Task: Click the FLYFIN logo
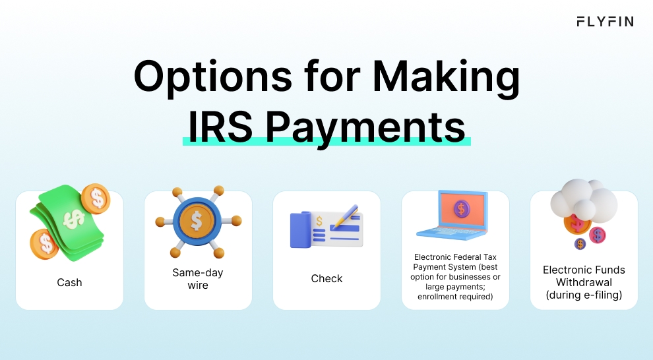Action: pyautogui.click(x=604, y=22)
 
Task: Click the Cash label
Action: pyautogui.click(x=69, y=282)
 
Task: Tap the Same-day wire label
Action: pyautogui.click(x=198, y=278)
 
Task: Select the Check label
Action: pyautogui.click(x=326, y=278)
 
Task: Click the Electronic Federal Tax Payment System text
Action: pyautogui.click(x=455, y=277)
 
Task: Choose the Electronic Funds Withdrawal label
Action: pyautogui.click(x=584, y=282)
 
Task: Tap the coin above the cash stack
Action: pyautogui.click(x=96, y=197)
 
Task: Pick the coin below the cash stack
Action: pyautogui.click(x=44, y=244)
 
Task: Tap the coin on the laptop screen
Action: pyautogui.click(x=461, y=209)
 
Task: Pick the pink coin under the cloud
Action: pyautogui.click(x=598, y=235)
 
